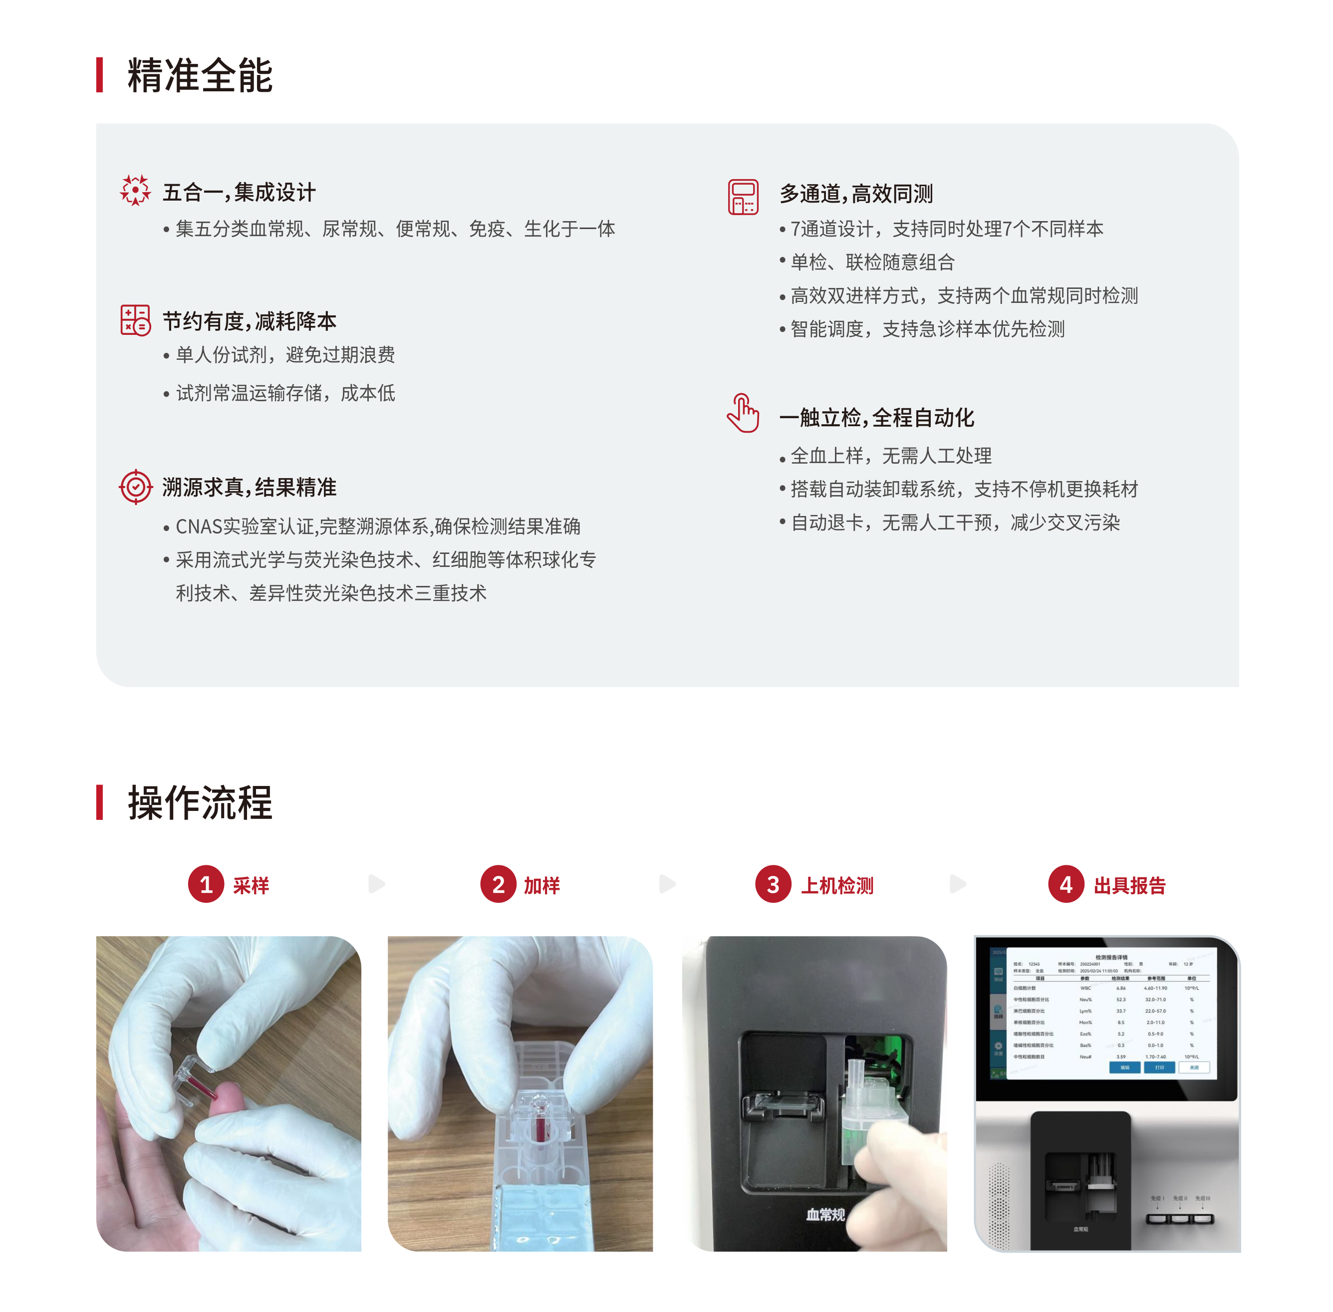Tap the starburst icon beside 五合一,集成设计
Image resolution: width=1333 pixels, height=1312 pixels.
tap(135, 190)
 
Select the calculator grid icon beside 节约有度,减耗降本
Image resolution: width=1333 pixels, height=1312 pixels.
tap(135, 320)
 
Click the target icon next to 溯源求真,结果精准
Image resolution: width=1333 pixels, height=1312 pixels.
tap(136, 487)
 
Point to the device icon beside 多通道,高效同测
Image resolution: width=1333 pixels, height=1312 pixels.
tap(743, 197)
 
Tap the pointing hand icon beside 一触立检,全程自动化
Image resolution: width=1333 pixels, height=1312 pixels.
tap(743, 413)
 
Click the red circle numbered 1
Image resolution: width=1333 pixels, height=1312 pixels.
tap(206, 884)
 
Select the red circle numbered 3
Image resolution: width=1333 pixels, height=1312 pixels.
tap(773, 884)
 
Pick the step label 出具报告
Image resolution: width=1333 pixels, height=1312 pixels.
tap(1129, 885)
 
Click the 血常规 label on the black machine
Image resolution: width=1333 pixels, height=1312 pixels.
tap(825, 1214)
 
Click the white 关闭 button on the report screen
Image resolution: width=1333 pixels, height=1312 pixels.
tap(1194, 1067)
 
